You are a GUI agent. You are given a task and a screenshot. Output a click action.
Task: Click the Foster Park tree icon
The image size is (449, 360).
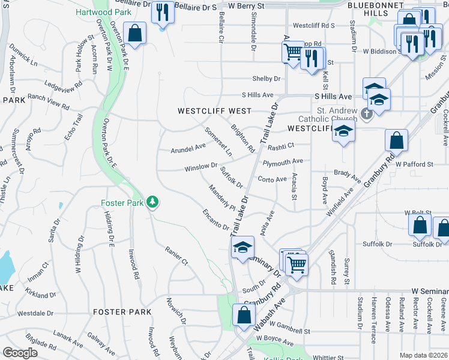[x=153, y=202]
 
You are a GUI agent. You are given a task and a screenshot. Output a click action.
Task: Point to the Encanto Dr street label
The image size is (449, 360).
[x=215, y=219]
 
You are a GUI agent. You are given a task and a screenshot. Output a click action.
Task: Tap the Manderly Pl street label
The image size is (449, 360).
[x=222, y=198]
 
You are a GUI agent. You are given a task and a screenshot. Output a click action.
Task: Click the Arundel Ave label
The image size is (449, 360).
[x=188, y=148]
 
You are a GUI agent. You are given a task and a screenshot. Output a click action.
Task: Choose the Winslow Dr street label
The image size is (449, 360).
[x=200, y=166]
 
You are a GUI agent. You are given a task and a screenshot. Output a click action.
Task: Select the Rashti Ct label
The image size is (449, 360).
[x=281, y=146]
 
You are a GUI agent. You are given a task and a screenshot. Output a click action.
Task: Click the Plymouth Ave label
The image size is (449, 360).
[x=283, y=161]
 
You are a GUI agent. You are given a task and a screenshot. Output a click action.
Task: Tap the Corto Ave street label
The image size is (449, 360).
[x=273, y=179]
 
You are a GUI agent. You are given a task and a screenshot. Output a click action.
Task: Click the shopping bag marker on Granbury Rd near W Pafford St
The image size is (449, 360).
[x=396, y=142]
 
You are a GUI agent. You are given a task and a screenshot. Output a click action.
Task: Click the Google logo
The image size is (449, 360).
[x=20, y=353]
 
